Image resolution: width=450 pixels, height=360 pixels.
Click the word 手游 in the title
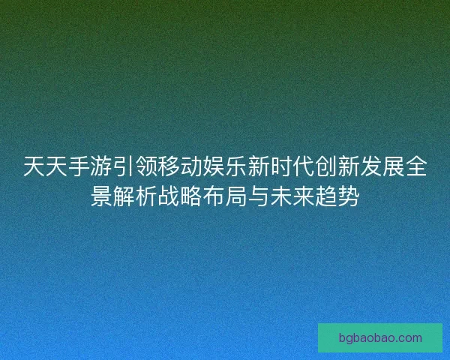point(91,166)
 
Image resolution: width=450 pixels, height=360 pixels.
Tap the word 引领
point(135,166)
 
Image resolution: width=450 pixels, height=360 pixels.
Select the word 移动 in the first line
point(180,166)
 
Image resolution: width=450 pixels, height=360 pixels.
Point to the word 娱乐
point(225,166)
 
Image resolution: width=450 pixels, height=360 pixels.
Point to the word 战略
point(180,197)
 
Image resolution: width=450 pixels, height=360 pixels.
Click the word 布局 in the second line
point(225,197)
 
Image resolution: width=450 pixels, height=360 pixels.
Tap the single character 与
point(259,197)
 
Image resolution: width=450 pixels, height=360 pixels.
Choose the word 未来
point(292,197)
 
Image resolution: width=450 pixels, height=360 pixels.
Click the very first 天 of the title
point(34,166)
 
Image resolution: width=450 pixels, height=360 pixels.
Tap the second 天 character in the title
point(57,166)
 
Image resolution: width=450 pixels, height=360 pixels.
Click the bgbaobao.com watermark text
point(380,338)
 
